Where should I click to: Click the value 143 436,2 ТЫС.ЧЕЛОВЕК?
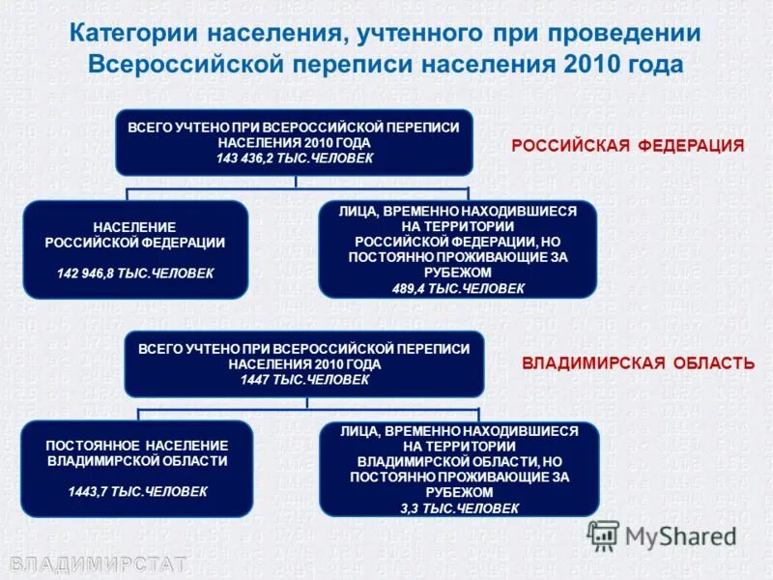click(x=294, y=158)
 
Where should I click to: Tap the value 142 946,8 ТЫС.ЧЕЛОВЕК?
click(x=135, y=274)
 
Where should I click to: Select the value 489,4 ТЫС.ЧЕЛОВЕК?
click(x=458, y=288)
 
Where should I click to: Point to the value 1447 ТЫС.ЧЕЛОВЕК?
click(x=304, y=380)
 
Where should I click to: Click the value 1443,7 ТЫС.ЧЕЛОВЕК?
click(x=137, y=491)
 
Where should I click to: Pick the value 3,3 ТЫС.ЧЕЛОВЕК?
click(x=459, y=507)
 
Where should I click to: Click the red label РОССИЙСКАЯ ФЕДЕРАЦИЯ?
click(x=627, y=146)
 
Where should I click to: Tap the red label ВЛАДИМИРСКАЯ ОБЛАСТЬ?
click(x=638, y=363)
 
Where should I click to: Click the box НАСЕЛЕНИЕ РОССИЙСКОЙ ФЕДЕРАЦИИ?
click(x=135, y=248)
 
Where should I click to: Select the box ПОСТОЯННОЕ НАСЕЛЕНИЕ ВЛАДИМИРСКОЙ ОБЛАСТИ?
click(x=137, y=469)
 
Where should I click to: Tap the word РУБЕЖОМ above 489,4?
click(x=458, y=274)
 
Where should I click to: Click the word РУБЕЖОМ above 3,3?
click(x=459, y=492)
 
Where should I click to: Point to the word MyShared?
click(x=681, y=536)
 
